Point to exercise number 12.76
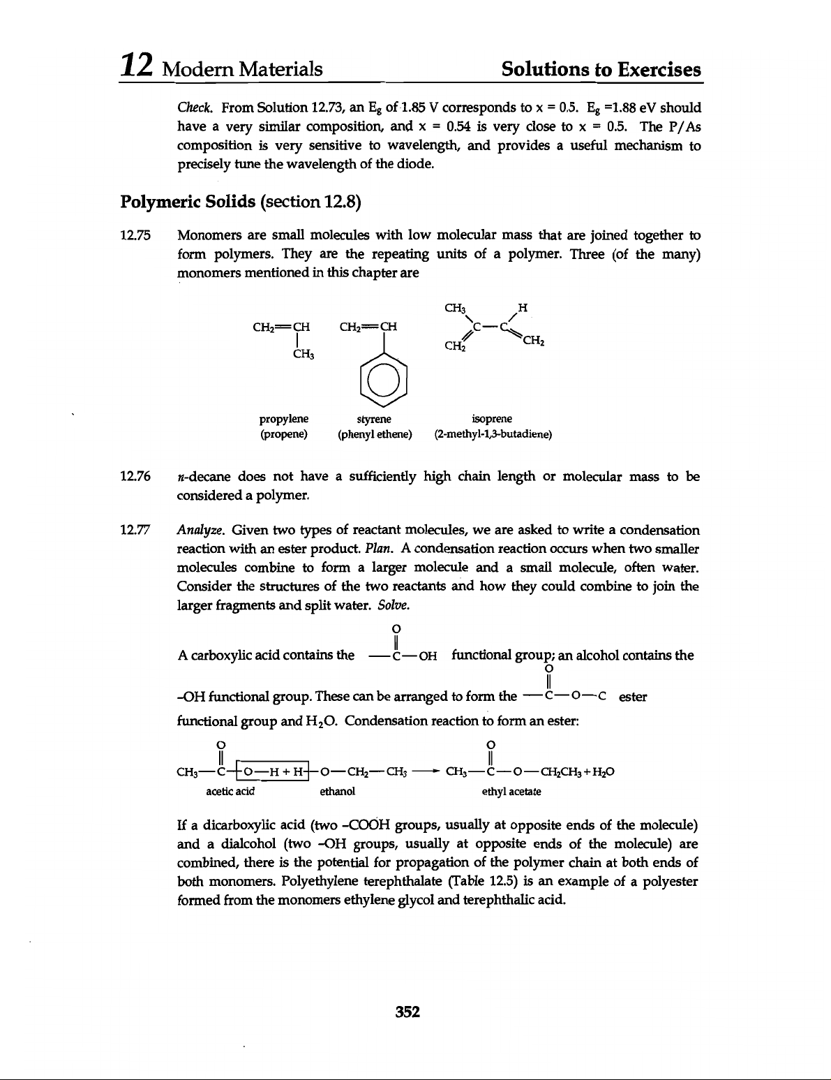135,478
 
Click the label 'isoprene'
492,419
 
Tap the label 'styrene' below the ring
374,419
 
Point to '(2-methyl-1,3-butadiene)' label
493,434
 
